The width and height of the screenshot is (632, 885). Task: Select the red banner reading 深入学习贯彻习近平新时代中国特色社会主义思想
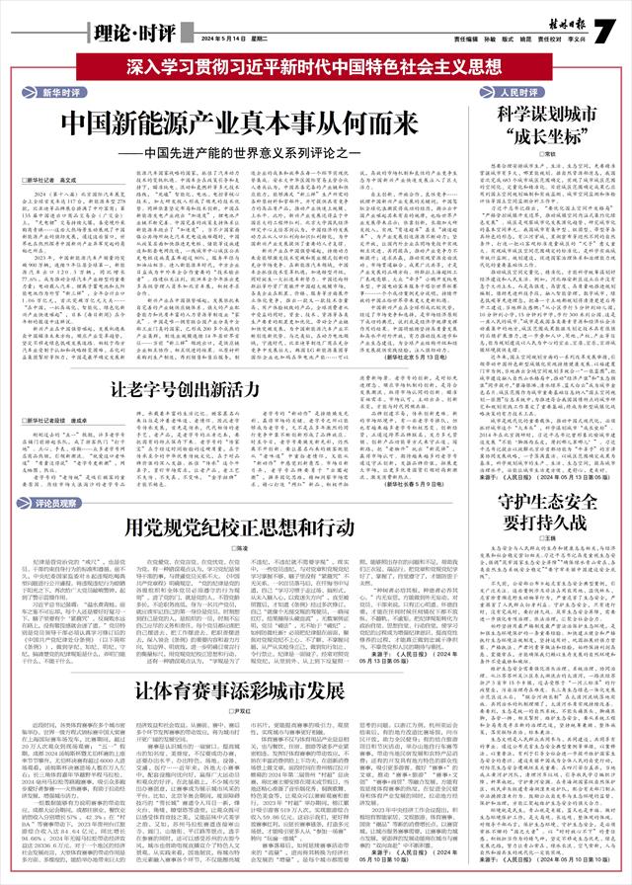[316, 68]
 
